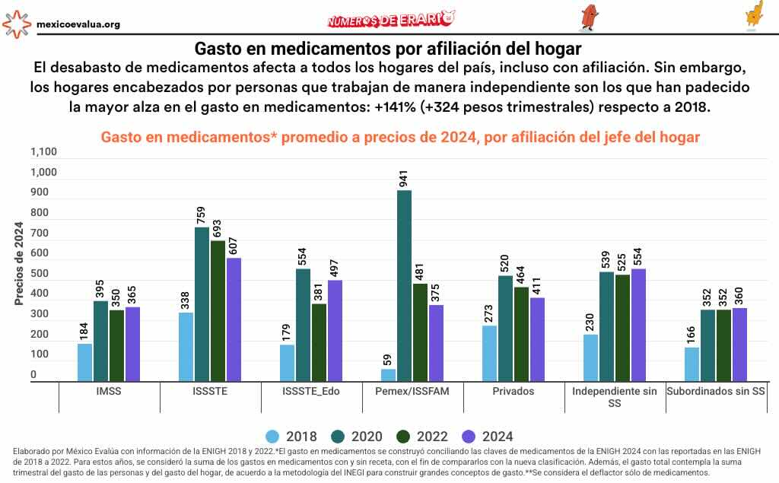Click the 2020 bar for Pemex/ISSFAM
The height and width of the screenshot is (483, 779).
pyautogui.click(x=404, y=286)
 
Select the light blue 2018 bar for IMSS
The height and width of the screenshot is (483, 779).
pyautogui.click(x=84, y=363)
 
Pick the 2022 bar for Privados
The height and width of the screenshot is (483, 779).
pyautogui.click(x=521, y=334)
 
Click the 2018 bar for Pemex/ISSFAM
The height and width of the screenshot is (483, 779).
pyautogui.click(x=388, y=375)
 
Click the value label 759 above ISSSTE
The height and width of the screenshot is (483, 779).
pyautogui.click(x=202, y=214)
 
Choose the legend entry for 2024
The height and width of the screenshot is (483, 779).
pyautogui.click(x=487, y=437)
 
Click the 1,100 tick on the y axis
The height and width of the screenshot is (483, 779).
pyautogui.click(x=43, y=152)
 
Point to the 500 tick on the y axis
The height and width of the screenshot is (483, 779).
pyautogui.click(x=38, y=274)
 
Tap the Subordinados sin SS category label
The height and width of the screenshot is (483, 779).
pyautogui.click(x=716, y=392)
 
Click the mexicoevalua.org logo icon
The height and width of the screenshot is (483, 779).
pyautogui.click(x=17, y=24)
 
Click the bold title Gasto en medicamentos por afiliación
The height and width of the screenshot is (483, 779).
pyautogui.click(x=389, y=49)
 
